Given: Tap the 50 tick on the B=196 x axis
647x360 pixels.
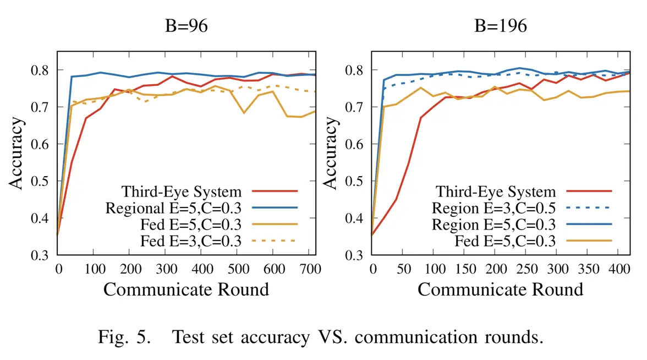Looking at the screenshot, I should tap(403, 269).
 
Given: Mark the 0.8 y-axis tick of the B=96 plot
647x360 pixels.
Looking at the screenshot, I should tap(41, 70).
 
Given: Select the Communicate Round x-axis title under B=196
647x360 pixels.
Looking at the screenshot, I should tap(500, 290).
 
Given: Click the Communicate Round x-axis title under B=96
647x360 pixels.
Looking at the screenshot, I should tap(186, 290).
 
